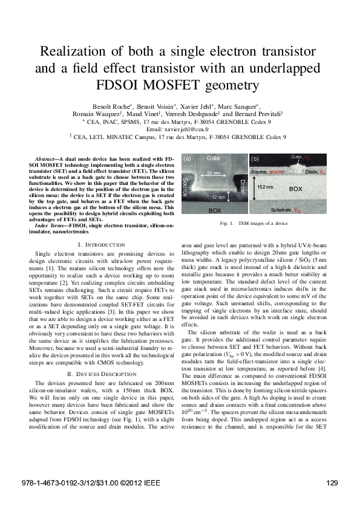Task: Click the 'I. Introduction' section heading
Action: coord(101,244)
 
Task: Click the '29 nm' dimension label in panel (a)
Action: coord(212,173)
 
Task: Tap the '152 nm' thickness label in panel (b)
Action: coord(265,188)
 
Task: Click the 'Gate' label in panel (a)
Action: coord(213,158)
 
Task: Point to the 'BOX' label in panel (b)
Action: coord(295,189)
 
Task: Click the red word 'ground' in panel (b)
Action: coord(277,172)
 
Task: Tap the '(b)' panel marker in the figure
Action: coord(255,159)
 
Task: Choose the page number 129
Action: coord(331,482)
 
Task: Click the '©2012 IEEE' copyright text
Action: coord(139,482)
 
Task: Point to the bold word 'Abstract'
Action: coord(48,158)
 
